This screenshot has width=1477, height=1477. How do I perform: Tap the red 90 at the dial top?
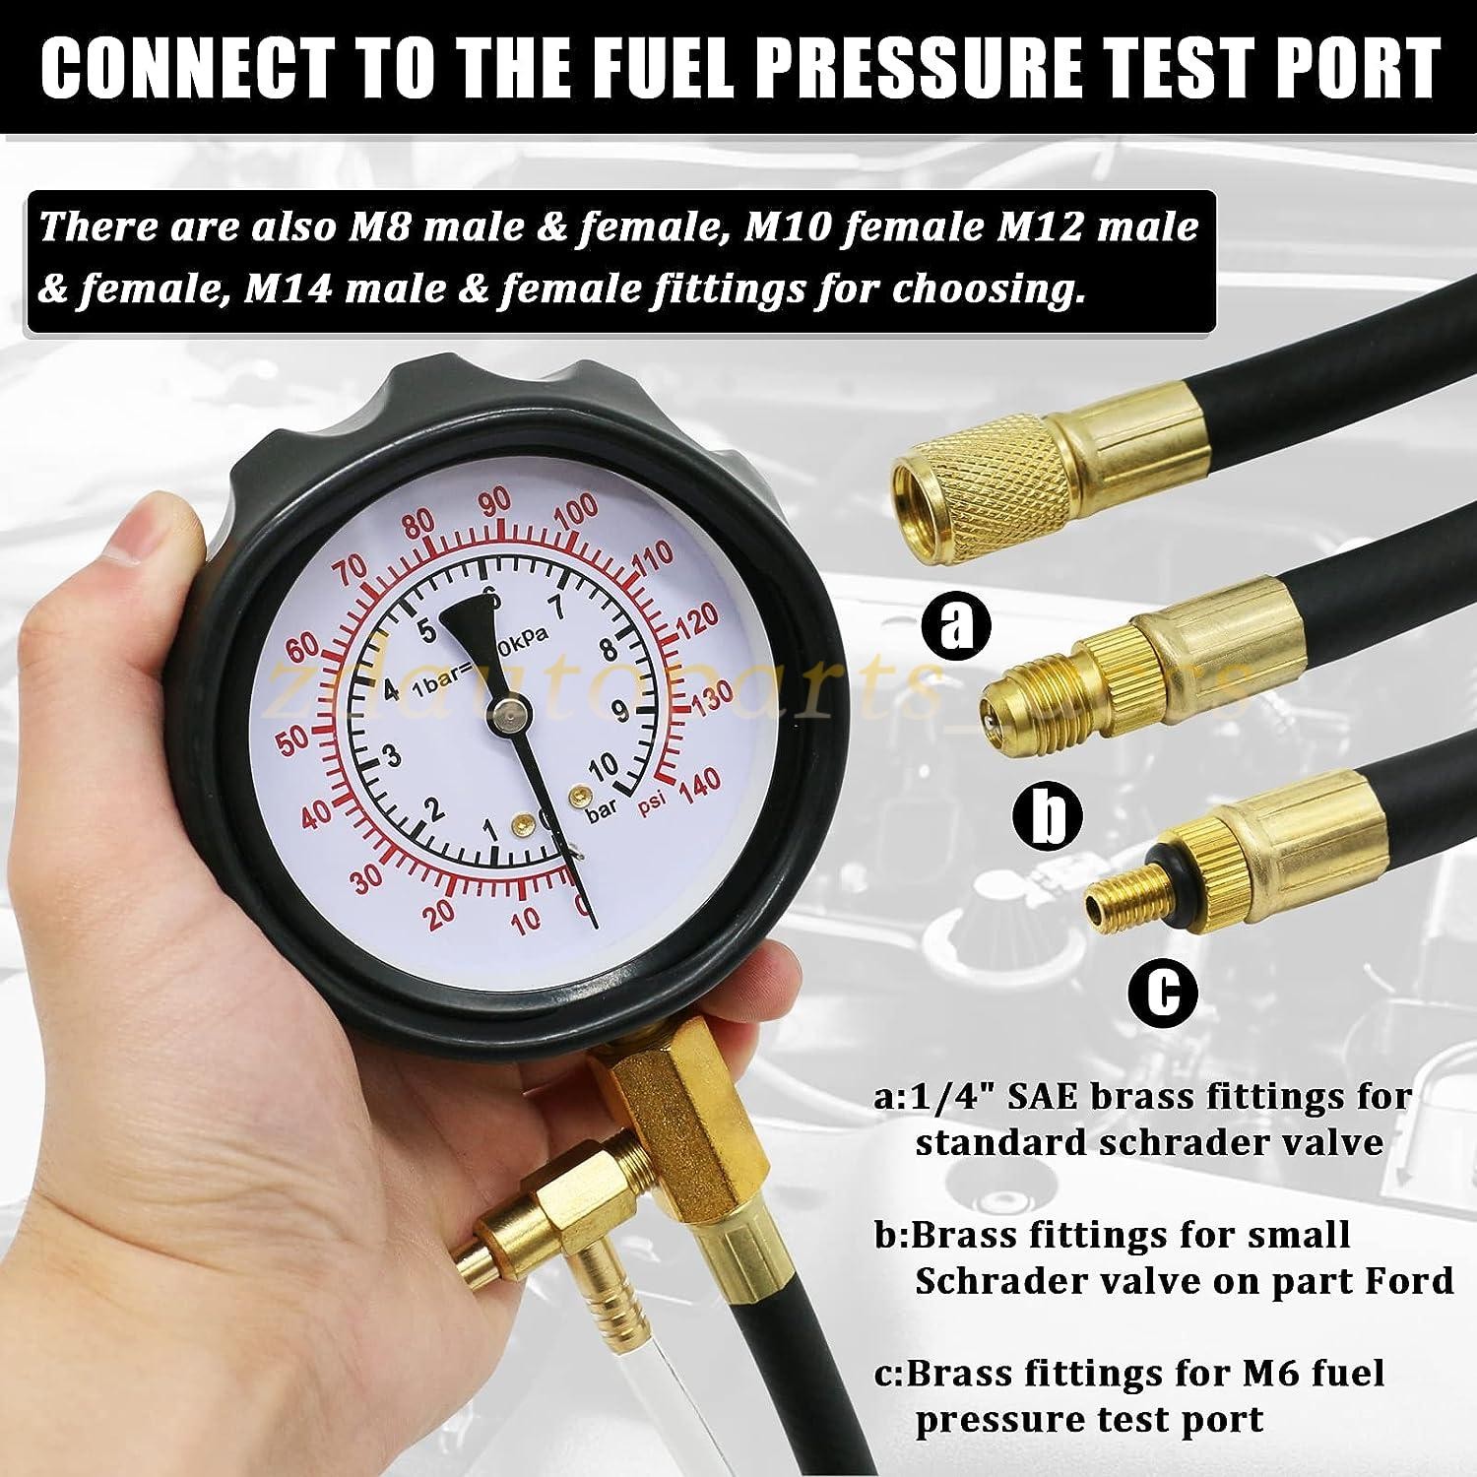tap(495, 502)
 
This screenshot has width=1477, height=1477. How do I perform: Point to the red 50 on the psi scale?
tap(293, 741)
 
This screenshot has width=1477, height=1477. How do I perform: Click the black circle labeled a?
tap(954, 624)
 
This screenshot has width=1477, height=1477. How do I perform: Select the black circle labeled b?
tap(1051, 815)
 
